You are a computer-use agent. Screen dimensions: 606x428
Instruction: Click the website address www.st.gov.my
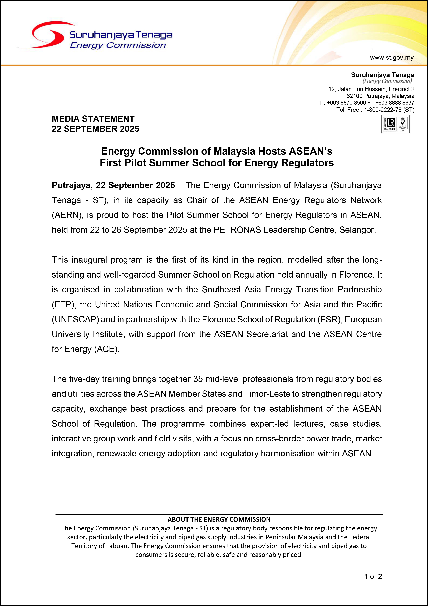coord(392,58)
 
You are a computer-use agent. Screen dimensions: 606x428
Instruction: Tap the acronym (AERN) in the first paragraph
coord(67,215)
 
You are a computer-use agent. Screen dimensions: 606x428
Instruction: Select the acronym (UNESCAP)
coord(75,319)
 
